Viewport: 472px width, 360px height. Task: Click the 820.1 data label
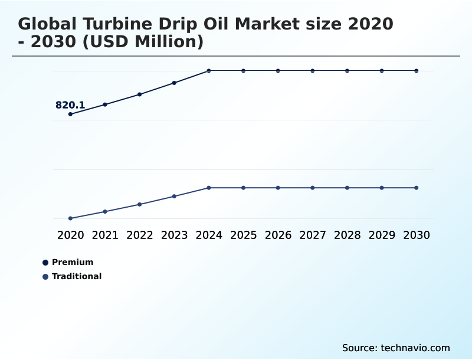pos(70,106)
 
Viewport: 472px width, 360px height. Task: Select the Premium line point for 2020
pos(70,114)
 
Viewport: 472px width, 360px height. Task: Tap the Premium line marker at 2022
pos(140,94)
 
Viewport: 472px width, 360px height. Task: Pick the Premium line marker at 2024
pos(209,71)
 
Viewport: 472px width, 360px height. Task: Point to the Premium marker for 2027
pos(313,71)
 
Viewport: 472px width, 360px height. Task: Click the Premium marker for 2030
pos(417,71)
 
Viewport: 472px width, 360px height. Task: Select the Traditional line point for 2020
pos(70,218)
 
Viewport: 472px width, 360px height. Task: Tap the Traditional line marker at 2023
pos(174,196)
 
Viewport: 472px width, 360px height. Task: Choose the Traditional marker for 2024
pos(209,188)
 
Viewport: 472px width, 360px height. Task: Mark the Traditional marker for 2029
pos(382,188)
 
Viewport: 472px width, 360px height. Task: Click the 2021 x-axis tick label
pos(105,235)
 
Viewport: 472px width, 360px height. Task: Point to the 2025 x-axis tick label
pos(243,235)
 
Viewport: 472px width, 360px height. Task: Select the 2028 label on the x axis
pos(347,235)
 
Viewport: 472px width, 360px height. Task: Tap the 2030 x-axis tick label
pos(417,235)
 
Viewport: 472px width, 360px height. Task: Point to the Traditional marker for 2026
pos(278,188)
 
